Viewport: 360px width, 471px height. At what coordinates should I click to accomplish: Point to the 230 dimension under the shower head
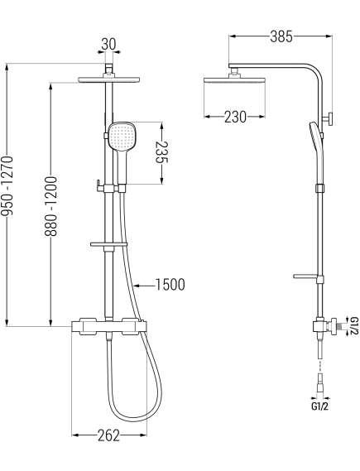(235, 117)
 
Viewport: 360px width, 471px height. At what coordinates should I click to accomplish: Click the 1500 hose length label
(168, 285)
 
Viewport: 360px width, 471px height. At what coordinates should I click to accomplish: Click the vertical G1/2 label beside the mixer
(353, 326)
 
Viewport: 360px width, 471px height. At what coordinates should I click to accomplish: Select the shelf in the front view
(109, 246)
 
